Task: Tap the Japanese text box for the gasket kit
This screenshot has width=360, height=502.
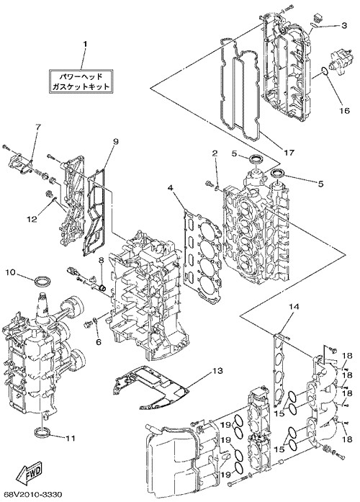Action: tap(81, 81)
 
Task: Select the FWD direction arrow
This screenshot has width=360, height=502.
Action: tap(29, 473)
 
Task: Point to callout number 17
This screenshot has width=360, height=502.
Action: tap(289, 153)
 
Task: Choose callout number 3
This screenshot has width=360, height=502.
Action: tap(343, 26)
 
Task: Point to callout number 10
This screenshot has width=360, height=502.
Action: tap(10, 272)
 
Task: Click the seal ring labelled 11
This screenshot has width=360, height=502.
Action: tap(42, 432)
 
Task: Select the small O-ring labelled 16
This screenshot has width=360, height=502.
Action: tap(323, 71)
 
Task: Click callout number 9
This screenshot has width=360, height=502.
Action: tap(115, 141)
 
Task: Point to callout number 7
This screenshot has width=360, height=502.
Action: tap(37, 127)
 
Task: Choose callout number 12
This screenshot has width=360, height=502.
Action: tap(32, 219)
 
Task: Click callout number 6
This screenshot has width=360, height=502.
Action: tap(98, 341)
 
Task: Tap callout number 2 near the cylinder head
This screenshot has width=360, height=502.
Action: tap(215, 153)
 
